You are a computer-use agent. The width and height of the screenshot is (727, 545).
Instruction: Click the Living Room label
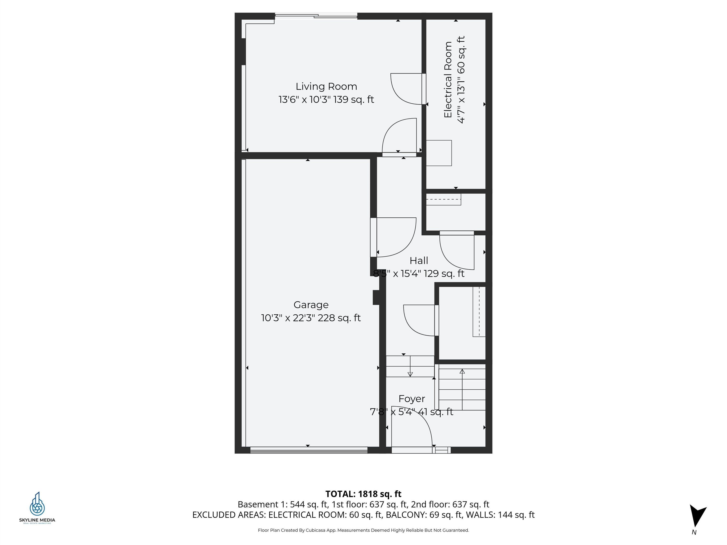(326, 86)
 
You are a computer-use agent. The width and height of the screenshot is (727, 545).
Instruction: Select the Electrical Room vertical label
(448, 80)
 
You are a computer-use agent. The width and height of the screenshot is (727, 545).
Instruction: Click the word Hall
(419, 260)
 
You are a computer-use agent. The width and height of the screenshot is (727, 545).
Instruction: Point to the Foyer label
(412, 399)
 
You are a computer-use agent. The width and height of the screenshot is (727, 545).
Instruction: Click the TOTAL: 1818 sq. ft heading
(363, 494)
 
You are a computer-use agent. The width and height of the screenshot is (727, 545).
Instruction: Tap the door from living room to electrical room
(408, 89)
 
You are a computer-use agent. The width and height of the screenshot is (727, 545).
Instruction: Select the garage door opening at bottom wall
(308, 450)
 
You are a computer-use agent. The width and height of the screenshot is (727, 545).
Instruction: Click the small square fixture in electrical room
(439, 153)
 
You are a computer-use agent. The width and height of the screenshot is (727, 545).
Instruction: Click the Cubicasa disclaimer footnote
(363, 530)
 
